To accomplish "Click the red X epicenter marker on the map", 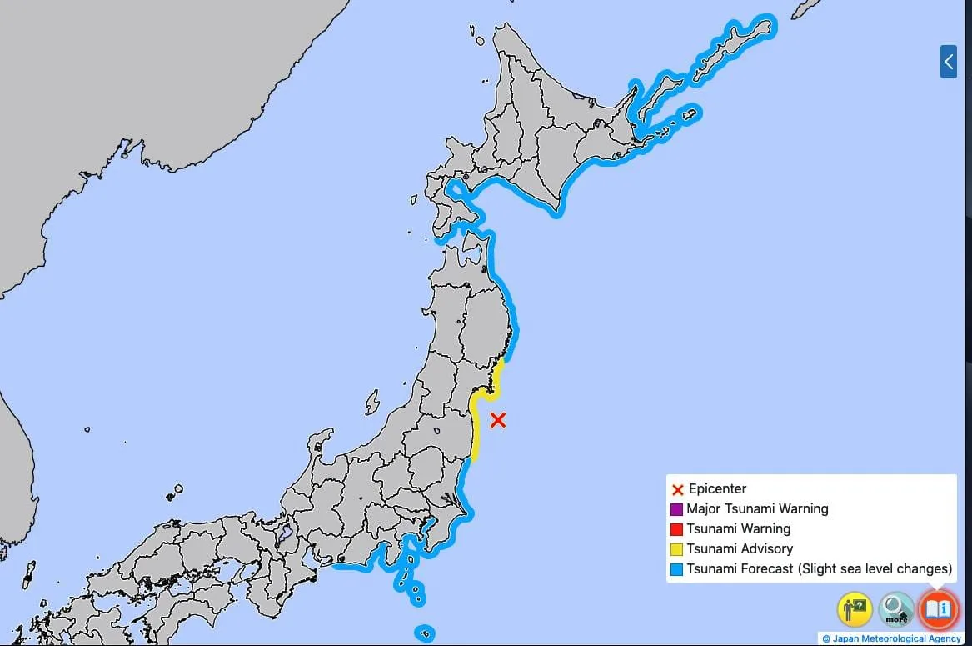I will (497, 420).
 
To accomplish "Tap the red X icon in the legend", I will (677, 489).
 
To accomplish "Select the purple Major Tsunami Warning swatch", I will (677, 509).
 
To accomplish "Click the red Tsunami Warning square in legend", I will (677, 529).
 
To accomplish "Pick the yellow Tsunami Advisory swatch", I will (677, 549).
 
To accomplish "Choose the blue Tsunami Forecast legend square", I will (677, 569).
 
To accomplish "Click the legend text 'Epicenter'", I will (717, 489).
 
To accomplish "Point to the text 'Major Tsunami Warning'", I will (757, 509).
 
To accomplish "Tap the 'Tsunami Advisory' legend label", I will (740, 549).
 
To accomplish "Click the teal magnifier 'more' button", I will (896, 609).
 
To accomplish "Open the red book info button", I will (938, 609).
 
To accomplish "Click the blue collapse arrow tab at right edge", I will (948, 62).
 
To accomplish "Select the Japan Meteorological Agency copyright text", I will (891, 638).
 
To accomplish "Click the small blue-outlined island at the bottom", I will (424, 633).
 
